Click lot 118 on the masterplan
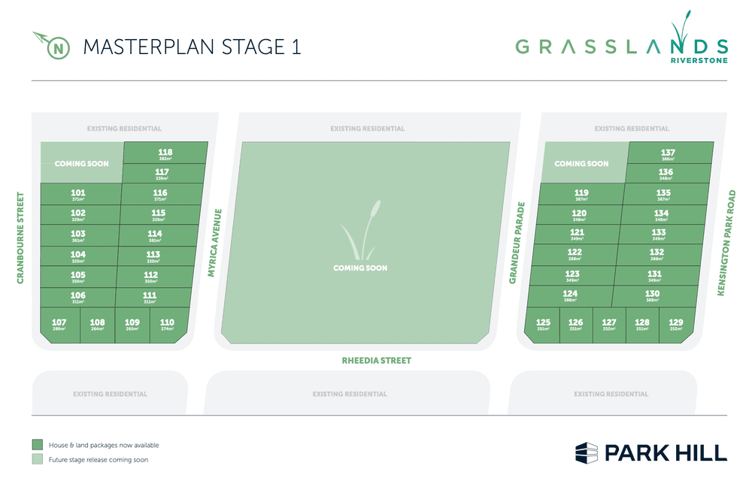(x=165, y=154)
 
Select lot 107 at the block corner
(x=59, y=325)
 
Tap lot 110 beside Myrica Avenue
(x=167, y=325)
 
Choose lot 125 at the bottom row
(x=543, y=325)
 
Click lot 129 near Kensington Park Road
(x=675, y=325)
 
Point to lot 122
(x=575, y=254)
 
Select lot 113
(x=153, y=256)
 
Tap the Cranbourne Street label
(x=21, y=237)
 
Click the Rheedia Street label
(x=376, y=361)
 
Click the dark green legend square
(x=37, y=445)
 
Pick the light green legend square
(x=37, y=459)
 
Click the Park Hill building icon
(x=586, y=452)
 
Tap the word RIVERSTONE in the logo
(x=699, y=60)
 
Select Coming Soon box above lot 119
(x=581, y=163)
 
